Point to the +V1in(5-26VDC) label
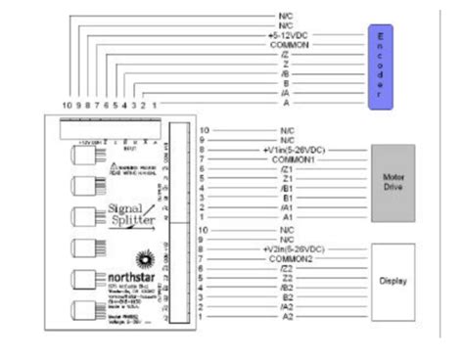(289, 149)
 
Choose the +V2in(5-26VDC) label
(289, 249)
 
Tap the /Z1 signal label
(286, 168)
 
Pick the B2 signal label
(286, 297)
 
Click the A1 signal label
(286, 216)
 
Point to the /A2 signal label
(286, 307)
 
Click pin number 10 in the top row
(66, 103)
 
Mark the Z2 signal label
(286, 278)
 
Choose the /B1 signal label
(286, 188)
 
